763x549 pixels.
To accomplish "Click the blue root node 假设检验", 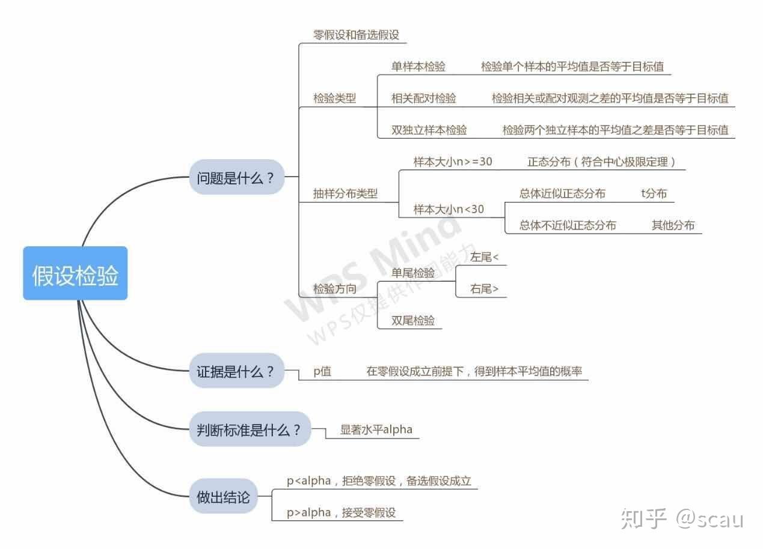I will tap(75, 273).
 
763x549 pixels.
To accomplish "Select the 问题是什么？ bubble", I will tap(236, 177).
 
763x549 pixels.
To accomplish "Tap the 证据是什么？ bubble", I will tap(236, 371).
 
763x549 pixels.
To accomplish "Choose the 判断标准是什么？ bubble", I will tap(250, 429).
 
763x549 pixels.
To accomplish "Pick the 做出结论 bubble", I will tap(223, 497).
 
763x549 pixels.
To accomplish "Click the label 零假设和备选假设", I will tap(356, 34).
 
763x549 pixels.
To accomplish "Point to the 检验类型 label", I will tap(334, 98).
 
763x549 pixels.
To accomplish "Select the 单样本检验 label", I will tap(418, 66).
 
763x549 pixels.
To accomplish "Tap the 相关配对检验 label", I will tap(424, 98).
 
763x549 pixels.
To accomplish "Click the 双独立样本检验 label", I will tap(429, 129).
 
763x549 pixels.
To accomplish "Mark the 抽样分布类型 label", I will tap(345, 193).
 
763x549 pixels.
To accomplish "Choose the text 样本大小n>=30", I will tap(452, 162).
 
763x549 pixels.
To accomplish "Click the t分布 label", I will tap(654, 193).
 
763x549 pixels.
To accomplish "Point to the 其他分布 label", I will tap(673, 225).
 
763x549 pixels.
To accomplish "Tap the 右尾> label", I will tap(485, 289).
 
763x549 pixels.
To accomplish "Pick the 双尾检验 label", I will tap(413, 320).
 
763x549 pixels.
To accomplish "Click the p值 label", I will tap(322, 371).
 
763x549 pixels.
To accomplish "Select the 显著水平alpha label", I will tap(376, 429).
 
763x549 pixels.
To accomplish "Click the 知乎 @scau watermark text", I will tap(682, 518).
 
